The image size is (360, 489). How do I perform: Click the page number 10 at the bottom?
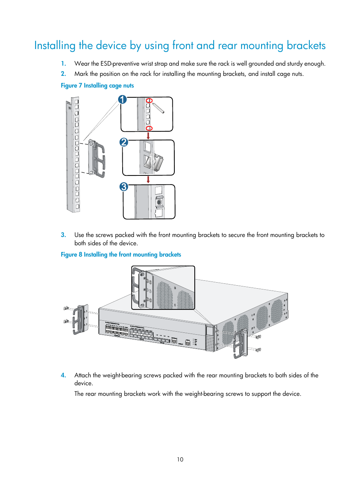tap(180, 459)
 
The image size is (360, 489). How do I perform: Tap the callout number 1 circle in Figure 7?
tap(122, 100)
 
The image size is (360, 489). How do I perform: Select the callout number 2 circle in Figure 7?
tap(124, 142)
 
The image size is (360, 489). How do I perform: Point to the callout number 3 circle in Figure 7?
tap(124, 187)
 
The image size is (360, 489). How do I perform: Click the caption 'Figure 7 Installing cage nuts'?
tap(97, 86)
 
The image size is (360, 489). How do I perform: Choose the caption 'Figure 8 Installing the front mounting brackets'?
tap(121, 255)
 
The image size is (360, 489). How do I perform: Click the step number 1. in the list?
tap(63, 64)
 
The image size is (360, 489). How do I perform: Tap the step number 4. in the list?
tap(63, 375)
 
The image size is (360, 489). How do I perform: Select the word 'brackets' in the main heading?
tap(306, 46)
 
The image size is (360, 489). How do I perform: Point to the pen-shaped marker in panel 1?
tap(158, 108)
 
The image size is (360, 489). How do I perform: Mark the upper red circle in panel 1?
tap(149, 101)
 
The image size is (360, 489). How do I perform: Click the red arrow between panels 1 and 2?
tap(148, 135)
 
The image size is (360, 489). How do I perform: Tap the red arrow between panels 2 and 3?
tap(148, 180)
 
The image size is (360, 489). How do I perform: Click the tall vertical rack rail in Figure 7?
tap(73, 155)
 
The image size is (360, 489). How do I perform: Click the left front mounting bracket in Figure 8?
tap(80, 320)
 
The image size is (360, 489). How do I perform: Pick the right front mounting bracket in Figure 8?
tap(240, 343)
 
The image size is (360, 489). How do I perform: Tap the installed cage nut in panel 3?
tap(159, 202)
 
